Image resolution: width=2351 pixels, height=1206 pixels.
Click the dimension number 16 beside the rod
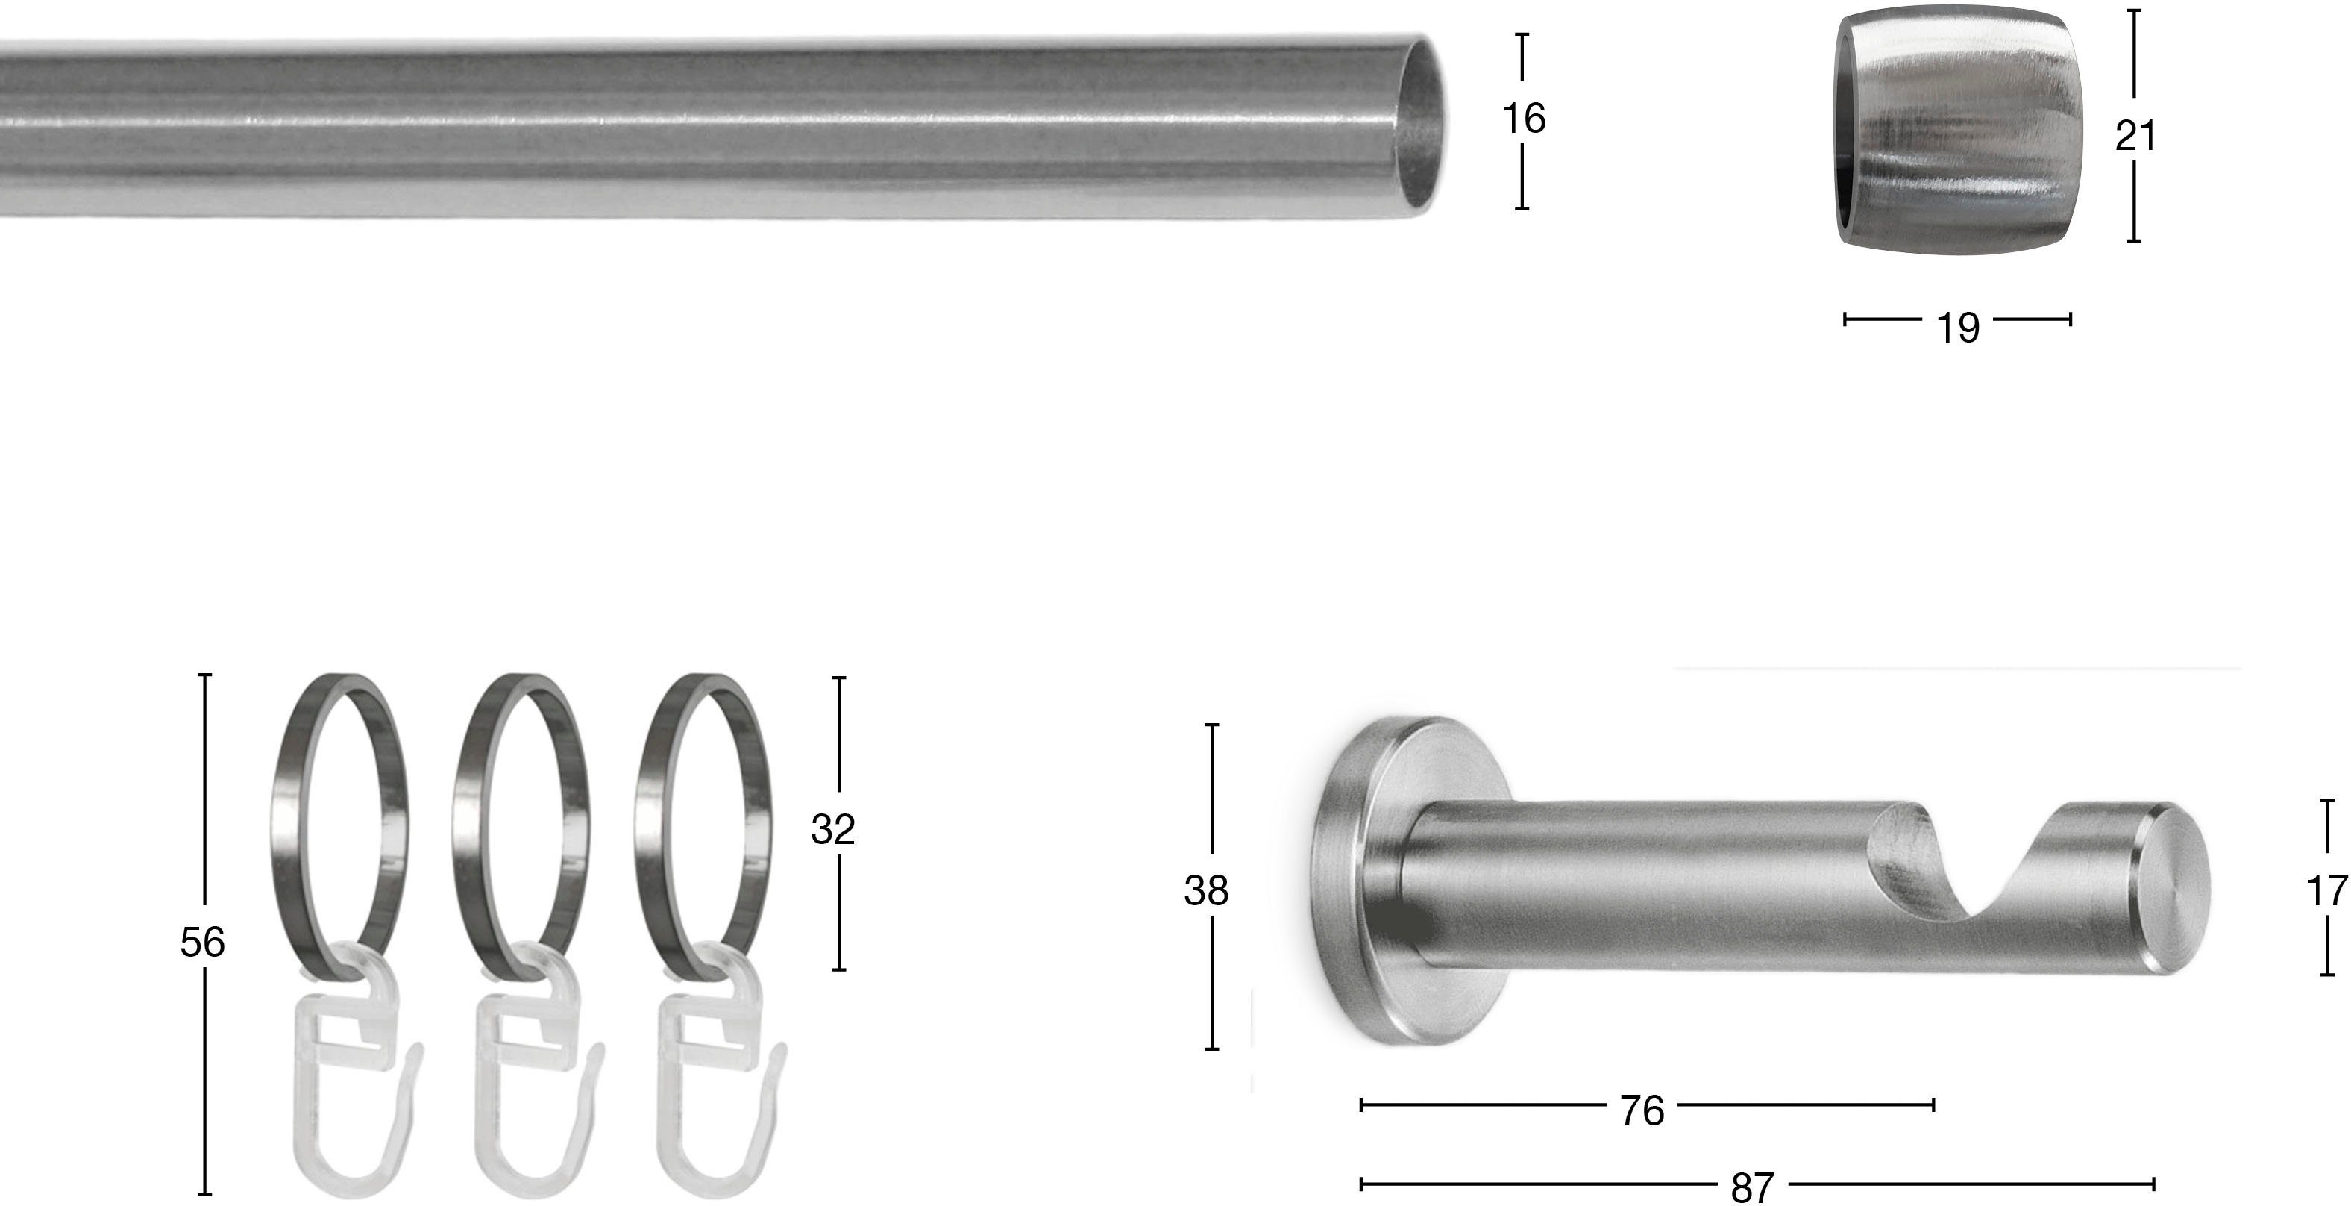click(1523, 119)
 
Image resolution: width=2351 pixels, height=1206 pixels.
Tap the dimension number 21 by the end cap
click(2135, 137)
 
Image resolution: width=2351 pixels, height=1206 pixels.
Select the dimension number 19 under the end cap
click(1958, 328)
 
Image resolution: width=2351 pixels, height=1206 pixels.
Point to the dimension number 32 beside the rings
click(832, 830)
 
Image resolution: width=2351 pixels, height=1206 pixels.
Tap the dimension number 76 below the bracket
click(1642, 1111)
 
